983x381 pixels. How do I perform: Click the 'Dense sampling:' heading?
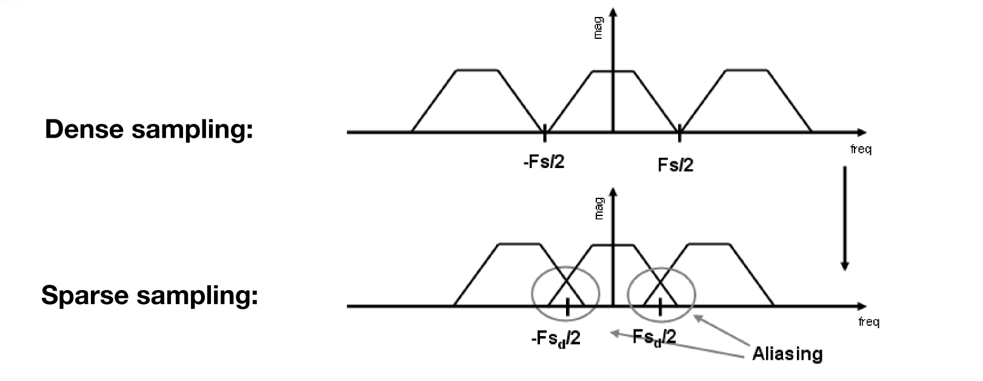tap(149, 130)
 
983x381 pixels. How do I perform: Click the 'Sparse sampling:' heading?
tap(150, 295)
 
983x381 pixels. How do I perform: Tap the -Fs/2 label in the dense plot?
tap(544, 162)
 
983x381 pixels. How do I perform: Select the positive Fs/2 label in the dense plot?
tap(676, 165)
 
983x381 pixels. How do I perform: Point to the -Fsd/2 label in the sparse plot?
tap(556, 339)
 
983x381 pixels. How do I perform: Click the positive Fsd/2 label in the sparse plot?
tap(655, 337)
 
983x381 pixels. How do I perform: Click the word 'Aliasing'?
tap(787, 354)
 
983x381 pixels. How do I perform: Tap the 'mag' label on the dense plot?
tap(598, 28)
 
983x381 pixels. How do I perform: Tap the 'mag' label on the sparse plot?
tap(599, 208)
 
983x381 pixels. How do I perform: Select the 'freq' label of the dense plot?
tap(861, 149)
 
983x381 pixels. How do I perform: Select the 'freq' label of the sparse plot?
tap(869, 322)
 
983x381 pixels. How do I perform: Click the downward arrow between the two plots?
tap(845, 218)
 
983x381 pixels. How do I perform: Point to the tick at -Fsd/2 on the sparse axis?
tap(567, 307)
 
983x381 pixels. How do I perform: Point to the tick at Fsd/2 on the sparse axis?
tap(660, 307)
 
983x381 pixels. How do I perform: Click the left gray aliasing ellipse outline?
tap(532, 294)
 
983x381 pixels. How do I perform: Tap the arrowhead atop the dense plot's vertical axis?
tap(613, 12)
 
